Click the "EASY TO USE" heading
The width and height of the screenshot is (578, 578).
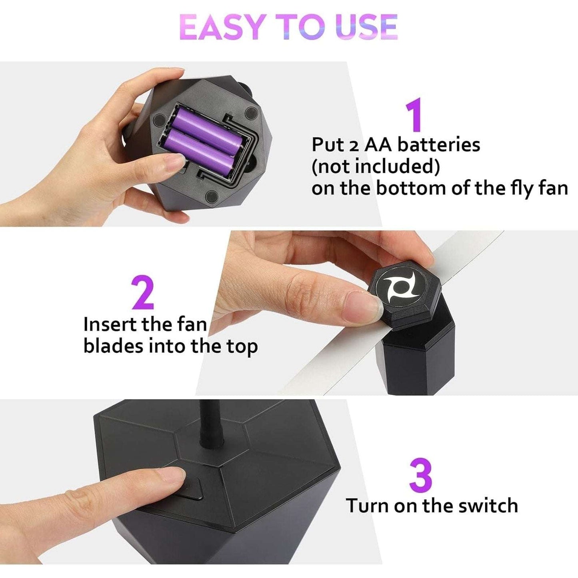[x=288, y=27]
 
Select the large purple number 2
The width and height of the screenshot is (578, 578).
[x=143, y=292]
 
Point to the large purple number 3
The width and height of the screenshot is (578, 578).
[x=421, y=476]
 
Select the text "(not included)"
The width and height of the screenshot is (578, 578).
[x=375, y=166]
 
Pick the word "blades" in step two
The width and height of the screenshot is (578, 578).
[x=113, y=346]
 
